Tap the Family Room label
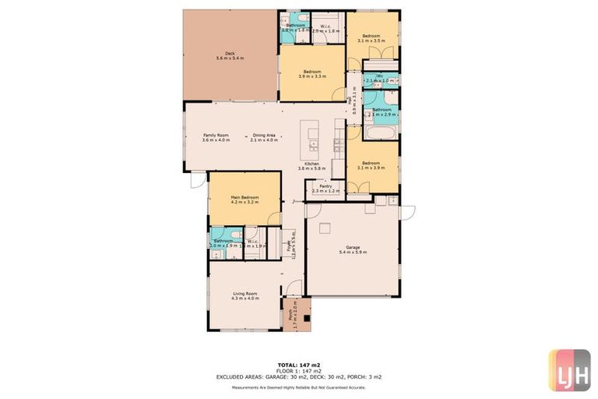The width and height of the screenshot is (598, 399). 216,135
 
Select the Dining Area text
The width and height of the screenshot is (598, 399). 264,135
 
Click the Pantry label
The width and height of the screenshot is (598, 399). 325,186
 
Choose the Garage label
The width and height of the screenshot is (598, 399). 354,247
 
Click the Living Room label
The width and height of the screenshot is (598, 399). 244,293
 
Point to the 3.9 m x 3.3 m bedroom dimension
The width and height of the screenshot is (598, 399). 311,77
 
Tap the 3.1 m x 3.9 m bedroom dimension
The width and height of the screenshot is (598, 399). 371,168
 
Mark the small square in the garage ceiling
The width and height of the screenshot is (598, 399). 327,227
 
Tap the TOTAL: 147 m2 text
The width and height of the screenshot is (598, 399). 299,365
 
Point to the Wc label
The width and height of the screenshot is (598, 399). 379,76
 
